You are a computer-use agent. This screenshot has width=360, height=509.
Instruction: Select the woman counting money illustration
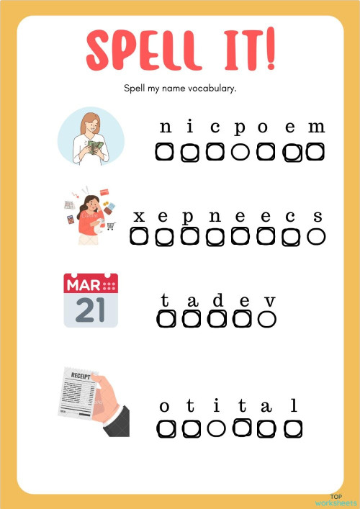(x=90, y=137)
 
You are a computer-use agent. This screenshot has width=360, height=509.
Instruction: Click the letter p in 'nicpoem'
(x=240, y=128)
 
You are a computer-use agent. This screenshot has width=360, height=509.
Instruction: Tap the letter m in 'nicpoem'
(x=316, y=128)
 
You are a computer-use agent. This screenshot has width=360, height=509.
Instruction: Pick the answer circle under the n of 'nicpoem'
(x=166, y=152)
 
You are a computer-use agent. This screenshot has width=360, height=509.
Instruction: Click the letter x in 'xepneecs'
(x=140, y=216)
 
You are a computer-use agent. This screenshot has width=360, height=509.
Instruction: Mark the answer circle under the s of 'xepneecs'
(x=316, y=236)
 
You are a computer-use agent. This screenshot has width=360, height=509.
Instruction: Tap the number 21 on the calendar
(x=90, y=310)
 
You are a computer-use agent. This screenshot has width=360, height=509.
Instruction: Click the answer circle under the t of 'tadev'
(x=166, y=318)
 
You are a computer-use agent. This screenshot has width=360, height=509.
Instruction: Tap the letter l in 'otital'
(x=293, y=407)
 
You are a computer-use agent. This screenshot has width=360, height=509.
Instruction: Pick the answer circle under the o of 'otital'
(x=166, y=429)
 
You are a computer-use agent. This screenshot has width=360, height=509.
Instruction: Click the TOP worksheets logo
(x=335, y=500)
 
